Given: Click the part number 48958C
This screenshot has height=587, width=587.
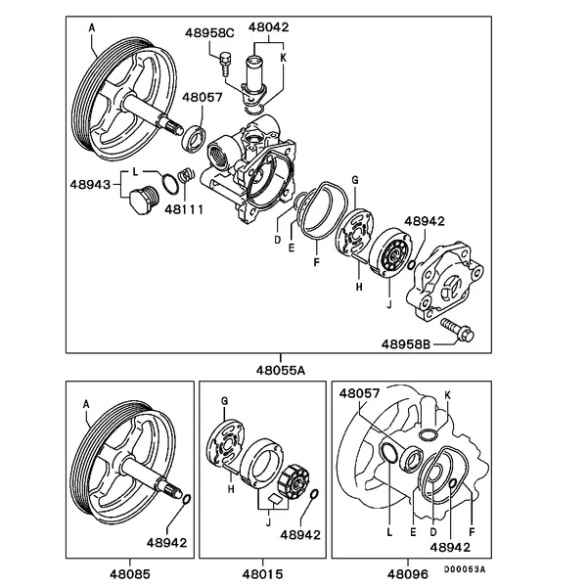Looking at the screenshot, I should [x=210, y=33].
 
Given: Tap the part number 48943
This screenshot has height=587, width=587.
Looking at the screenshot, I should [x=91, y=183].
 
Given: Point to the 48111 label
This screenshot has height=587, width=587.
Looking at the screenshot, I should [x=184, y=208].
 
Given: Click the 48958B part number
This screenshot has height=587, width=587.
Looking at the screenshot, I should [x=404, y=343].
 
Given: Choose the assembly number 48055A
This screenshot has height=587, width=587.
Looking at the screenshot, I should [x=282, y=369].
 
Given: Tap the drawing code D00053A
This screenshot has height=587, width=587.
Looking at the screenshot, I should [x=466, y=568].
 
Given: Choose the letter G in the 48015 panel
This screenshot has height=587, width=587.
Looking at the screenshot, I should [x=224, y=401].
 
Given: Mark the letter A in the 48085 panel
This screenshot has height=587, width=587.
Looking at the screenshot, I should [x=86, y=403].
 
